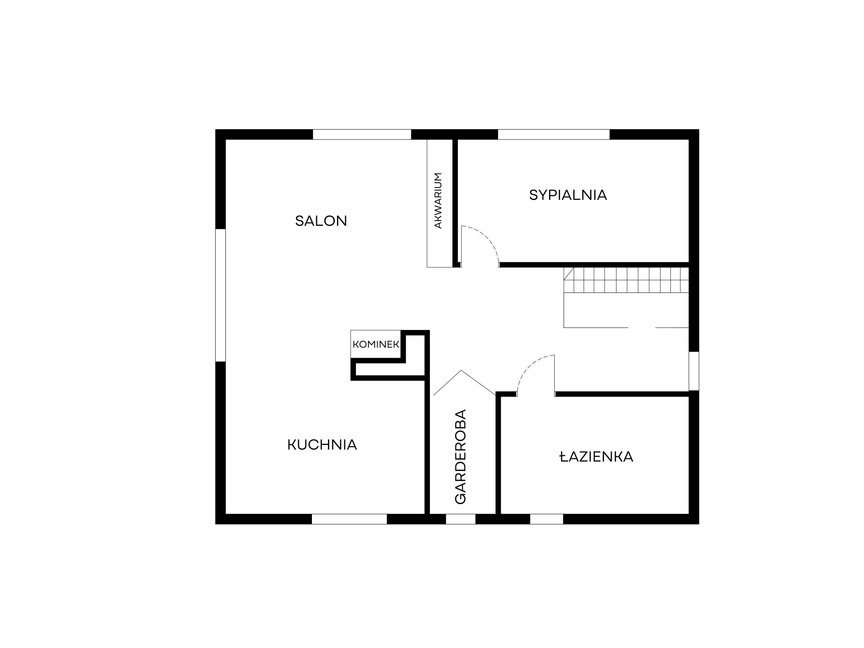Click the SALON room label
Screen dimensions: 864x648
[321, 221]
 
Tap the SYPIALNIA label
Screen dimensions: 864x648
[568, 195]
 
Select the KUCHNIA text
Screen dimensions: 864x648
[322, 445]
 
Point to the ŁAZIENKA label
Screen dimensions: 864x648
[596, 457]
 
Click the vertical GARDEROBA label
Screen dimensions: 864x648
[461, 457]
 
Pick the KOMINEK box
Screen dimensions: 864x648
[376, 344]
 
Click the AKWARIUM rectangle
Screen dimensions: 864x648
[440, 203]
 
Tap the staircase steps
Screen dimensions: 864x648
[626, 280]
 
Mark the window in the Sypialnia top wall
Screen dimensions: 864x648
[554, 134]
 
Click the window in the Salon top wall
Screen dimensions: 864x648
[362, 134]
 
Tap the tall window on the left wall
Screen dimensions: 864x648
[220, 295]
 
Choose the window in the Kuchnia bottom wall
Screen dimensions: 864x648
[349, 519]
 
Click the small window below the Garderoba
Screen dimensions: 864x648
[461, 519]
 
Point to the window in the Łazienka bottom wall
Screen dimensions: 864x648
[546, 519]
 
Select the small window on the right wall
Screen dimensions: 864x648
[694, 371]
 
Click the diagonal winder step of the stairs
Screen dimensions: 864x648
[569, 274]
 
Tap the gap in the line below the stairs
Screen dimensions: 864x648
[642, 328]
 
